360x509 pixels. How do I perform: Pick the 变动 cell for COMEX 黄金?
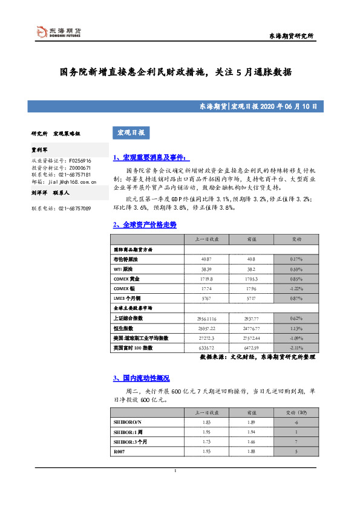(297, 279)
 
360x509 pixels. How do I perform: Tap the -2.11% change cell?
(297, 348)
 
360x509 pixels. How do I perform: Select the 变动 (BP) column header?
(297, 412)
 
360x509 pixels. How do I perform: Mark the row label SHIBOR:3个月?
(130, 441)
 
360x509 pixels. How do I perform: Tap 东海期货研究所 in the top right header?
(291, 37)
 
